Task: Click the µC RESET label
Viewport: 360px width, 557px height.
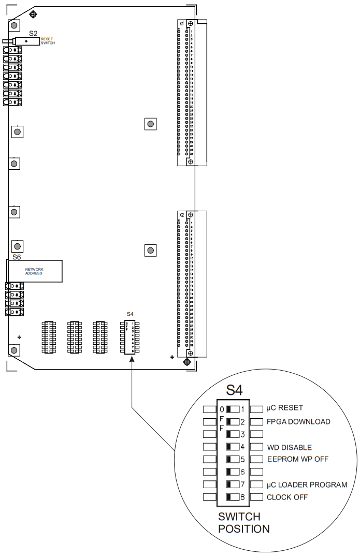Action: coord(285,408)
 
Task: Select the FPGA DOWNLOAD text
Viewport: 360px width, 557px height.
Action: coord(298,421)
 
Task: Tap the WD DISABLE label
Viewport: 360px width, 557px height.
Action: coord(290,447)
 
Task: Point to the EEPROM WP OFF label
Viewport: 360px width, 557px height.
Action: coord(298,459)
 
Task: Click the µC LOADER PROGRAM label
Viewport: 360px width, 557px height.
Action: coord(307,485)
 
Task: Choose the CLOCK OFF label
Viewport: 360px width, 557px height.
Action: coord(287,497)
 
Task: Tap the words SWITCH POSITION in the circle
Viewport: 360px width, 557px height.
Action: coord(243,523)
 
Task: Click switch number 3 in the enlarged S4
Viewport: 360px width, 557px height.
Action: coord(232,434)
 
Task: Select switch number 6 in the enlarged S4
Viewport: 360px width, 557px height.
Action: coord(232,472)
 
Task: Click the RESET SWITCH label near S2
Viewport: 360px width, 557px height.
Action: coord(47,41)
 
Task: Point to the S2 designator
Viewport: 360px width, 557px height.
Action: coord(33,33)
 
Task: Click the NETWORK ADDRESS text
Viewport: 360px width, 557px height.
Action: coord(34,271)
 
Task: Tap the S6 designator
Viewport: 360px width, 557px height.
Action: coord(17,257)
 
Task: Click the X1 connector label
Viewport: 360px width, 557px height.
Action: coord(181,24)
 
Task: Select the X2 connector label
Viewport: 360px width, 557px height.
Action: coord(181,214)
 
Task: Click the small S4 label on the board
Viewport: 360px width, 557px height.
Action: coord(130,314)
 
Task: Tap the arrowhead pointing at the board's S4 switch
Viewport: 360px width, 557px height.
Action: coord(132,359)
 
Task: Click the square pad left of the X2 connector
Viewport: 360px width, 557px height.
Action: coord(150,251)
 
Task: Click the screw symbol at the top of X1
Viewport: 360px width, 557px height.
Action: coord(191,24)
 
